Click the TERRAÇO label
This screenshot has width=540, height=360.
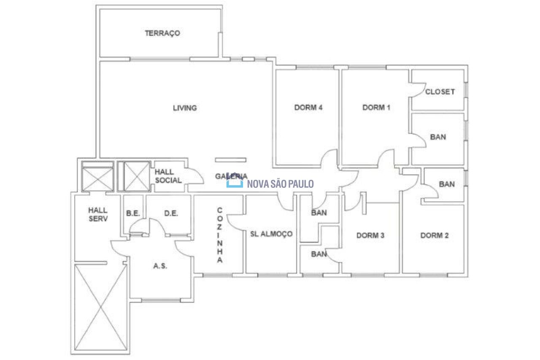[162, 33]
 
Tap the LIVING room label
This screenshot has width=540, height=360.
[185, 108]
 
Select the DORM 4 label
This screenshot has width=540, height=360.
[308, 107]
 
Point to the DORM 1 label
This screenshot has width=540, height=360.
[376, 107]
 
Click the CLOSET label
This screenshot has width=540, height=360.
[440, 92]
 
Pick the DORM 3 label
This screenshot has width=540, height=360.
[370, 235]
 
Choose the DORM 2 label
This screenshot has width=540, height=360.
[435, 235]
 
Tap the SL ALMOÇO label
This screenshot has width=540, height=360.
[271, 234]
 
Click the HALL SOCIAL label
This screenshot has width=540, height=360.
[168, 176]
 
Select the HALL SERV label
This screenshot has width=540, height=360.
[98, 214]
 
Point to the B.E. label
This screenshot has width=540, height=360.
[133, 213]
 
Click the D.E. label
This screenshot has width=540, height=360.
[171, 213]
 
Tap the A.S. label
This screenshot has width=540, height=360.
[160, 266]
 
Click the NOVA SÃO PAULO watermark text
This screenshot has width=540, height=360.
[281, 184]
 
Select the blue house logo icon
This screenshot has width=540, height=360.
[235, 180]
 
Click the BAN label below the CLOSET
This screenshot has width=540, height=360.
[438, 137]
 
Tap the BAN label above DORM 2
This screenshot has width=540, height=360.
[447, 184]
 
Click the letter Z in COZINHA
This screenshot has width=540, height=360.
[220, 227]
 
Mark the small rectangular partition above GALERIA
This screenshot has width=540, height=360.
[231, 160]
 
